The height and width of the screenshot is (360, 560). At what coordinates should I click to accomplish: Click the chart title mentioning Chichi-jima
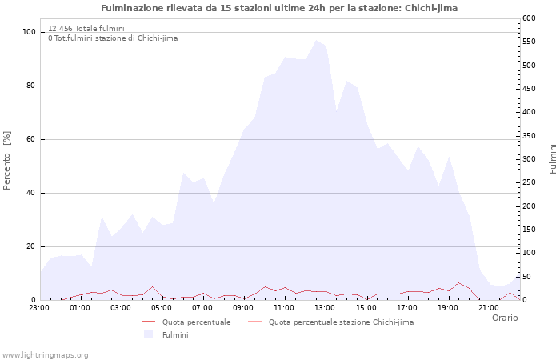pyautogui.click(x=279, y=8)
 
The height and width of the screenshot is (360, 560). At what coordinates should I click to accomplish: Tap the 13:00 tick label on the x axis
pyautogui.click(x=325, y=306)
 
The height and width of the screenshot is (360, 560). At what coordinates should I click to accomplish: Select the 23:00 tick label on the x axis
pyautogui.click(x=39, y=306)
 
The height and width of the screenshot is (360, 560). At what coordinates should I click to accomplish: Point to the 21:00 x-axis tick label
pyautogui.click(x=488, y=306)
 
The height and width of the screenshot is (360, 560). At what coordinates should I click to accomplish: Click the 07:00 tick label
pyautogui.click(x=202, y=306)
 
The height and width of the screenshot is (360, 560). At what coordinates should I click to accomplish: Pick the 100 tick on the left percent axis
pyautogui.click(x=29, y=32)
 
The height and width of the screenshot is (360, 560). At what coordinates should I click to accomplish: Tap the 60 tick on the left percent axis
pyautogui.click(x=31, y=139)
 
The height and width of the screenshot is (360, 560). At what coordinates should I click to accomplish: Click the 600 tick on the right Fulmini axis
pyautogui.click(x=529, y=18)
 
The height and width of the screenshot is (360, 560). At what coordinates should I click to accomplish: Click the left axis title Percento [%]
pyautogui.click(x=8, y=160)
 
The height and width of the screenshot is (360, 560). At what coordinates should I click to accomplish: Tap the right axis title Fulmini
pyautogui.click(x=553, y=158)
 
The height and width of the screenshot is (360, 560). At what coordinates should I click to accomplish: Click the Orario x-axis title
pyautogui.click(x=505, y=318)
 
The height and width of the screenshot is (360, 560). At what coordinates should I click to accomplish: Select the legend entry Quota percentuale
pyautogui.click(x=196, y=322)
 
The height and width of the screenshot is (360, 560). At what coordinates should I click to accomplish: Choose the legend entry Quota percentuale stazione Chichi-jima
pyautogui.click(x=341, y=322)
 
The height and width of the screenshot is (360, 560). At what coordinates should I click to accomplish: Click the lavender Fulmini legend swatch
pyautogui.click(x=147, y=334)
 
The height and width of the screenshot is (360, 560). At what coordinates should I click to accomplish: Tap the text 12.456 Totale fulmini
pyautogui.click(x=86, y=29)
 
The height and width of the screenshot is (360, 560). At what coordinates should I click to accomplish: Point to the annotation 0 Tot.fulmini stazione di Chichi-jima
pyautogui.click(x=113, y=38)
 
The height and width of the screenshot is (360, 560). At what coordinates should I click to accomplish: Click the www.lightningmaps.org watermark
pyautogui.click(x=45, y=354)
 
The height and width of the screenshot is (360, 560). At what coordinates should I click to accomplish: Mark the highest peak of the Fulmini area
pyautogui.click(x=315, y=40)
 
